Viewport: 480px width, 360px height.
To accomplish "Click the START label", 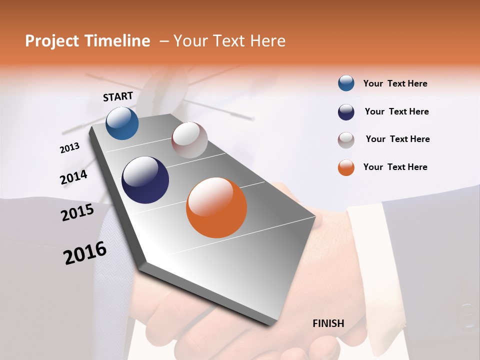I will pyautogui.click(x=118, y=96).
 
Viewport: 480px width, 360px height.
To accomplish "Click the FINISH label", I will pyautogui.click(x=328, y=323).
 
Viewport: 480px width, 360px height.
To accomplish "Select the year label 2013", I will pyautogui.click(x=70, y=148).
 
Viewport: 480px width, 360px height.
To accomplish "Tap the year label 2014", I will pyautogui.click(x=73, y=177).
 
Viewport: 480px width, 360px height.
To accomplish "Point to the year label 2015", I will pyautogui.click(x=77, y=212).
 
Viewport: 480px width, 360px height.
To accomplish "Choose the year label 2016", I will pyautogui.click(x=85, y=253).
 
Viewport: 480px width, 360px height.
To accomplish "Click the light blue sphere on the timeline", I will pyautogui.click(x=122, y=123).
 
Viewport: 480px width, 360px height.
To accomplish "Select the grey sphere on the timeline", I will pyautogui.click(x=189, y=140).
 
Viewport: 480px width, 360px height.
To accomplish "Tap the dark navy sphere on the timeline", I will pyautogui.click(x=145, y=180).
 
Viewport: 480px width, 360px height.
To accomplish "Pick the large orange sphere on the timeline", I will pyautogui.click(x=216, y=207).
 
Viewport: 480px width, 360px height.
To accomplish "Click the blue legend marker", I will pyautogui.click(x=346, y=83).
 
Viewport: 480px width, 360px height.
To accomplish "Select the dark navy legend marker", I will pyautogui.click(x=346, y=112).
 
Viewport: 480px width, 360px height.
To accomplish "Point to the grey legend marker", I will pyautogui.click(x=346, y=140).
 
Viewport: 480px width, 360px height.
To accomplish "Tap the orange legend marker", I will pyautogui.click(x=346, y=167).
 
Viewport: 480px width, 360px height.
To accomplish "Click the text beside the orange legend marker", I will pyautogui.click(x=395, y=167).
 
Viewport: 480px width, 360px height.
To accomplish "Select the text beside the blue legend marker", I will pyautogui.click(x=395, y=83).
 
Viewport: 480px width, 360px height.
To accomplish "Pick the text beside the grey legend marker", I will pyautogui.click(x=397, y=139).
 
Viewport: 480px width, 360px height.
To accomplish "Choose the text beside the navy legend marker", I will pyautogui.click(x=396, y=111).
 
